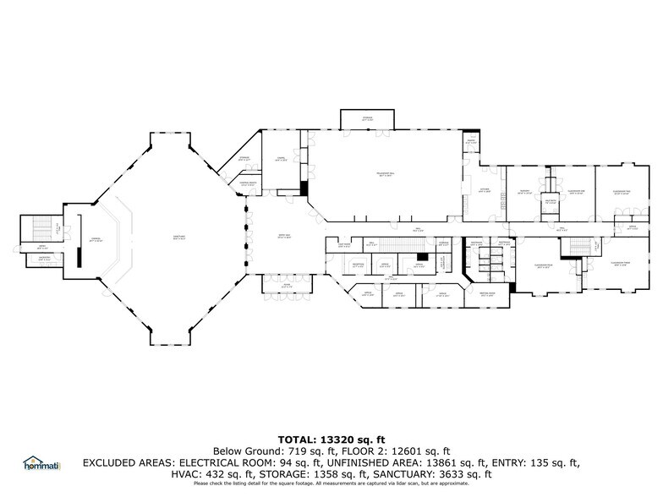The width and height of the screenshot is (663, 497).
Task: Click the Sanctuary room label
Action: click(178, 238)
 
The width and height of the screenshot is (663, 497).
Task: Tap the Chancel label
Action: click(96, 240)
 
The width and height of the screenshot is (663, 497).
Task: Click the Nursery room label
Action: click(523, 192)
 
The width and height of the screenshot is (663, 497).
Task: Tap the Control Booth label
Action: click(248, 183)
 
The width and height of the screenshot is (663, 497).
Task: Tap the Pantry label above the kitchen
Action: click(470, 141)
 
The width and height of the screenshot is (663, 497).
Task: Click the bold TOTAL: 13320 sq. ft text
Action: click(331, 439)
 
